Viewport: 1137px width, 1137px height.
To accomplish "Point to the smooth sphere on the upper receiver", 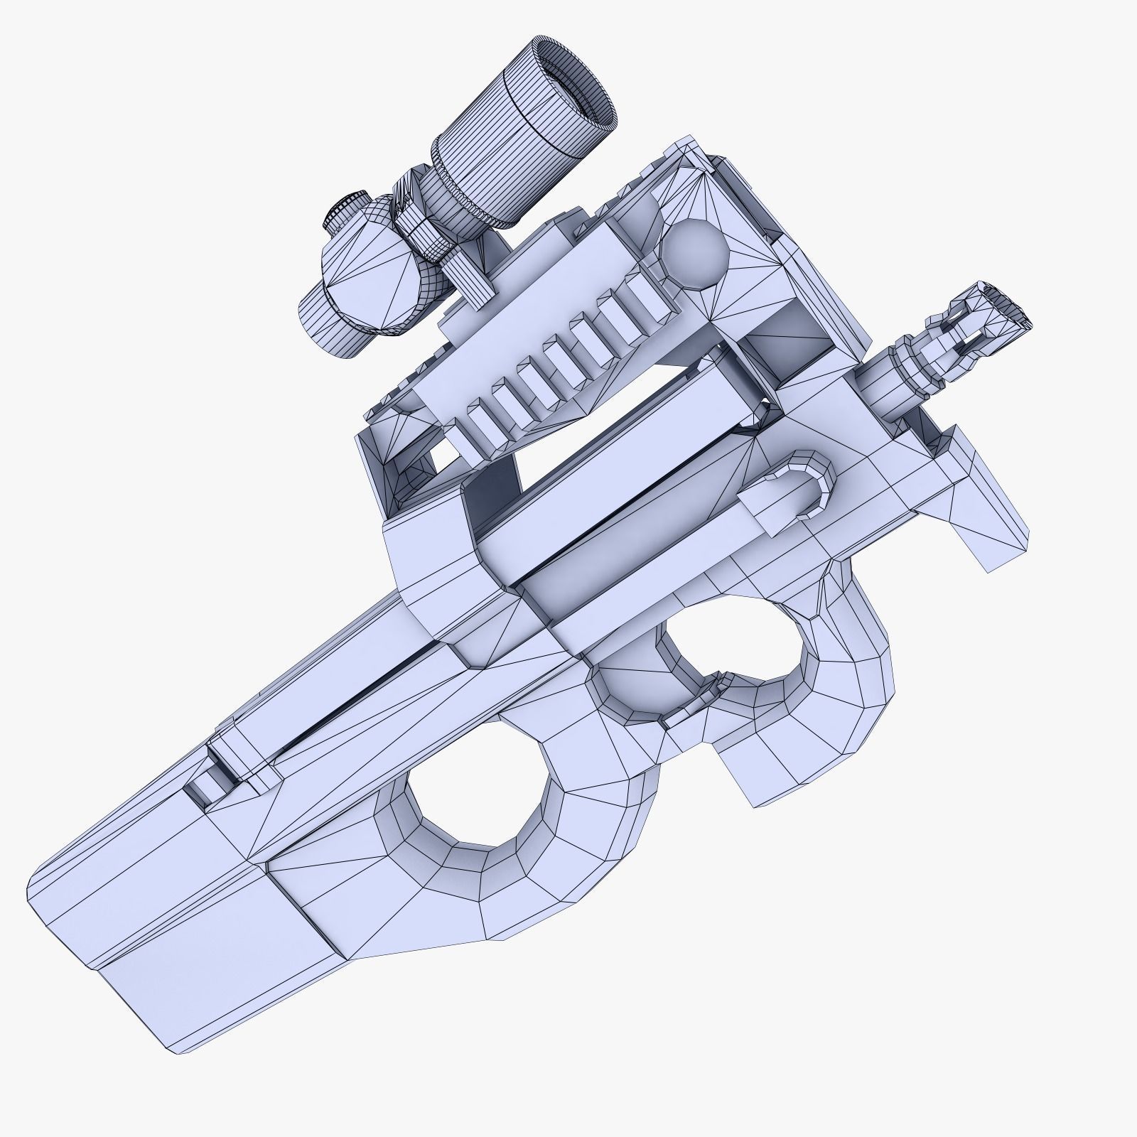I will tap(693, 253).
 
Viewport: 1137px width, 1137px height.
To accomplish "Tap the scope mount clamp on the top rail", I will tap(463, 281).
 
